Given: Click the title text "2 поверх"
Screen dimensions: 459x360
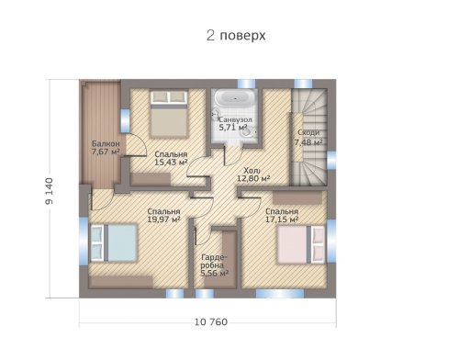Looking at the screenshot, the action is [236, 36].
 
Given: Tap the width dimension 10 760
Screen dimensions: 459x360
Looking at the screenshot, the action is [211, 322].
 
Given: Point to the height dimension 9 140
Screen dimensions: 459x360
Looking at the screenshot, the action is [49, 191].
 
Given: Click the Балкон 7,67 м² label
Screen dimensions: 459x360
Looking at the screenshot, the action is [106, 147].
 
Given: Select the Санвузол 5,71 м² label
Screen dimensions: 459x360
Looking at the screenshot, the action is [235, 123].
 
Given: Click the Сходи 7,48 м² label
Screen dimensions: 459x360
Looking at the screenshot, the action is [308, 138].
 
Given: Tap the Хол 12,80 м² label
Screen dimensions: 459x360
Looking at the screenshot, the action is [253, 174].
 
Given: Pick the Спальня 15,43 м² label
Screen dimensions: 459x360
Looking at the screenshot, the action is [171, 158].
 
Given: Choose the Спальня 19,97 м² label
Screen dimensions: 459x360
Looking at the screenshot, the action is [163, 216].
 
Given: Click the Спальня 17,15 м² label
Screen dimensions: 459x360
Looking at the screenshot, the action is [282, 216].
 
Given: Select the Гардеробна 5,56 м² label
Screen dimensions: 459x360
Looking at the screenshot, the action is [214, 265].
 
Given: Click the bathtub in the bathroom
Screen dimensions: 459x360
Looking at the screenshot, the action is [234, 98].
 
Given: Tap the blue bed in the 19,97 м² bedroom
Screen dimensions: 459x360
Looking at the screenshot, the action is [114, 242].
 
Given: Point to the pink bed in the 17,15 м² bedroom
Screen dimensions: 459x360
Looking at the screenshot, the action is [301, 244].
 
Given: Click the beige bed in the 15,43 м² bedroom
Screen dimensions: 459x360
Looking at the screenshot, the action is [169, 113].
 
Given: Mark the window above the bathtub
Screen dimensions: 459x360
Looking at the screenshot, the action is [246, 84].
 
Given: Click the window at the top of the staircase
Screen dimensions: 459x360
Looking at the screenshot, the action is [303, 84].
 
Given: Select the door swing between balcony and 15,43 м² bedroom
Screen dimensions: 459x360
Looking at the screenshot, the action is [136, 145].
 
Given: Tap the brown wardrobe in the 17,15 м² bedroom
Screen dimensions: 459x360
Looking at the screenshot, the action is [297, 197].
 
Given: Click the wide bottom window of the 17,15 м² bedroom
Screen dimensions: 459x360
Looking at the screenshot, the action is [280, 293].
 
